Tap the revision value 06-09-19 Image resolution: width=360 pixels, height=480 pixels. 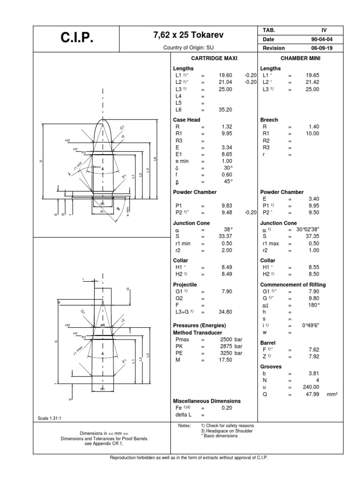313,48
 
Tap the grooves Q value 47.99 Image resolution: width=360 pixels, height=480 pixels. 312,394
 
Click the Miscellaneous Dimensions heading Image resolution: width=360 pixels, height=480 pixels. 207,401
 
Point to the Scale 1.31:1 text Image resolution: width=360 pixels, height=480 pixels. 49,418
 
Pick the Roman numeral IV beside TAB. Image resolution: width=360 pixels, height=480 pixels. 323,30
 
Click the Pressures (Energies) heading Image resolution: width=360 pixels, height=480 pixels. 200,325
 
